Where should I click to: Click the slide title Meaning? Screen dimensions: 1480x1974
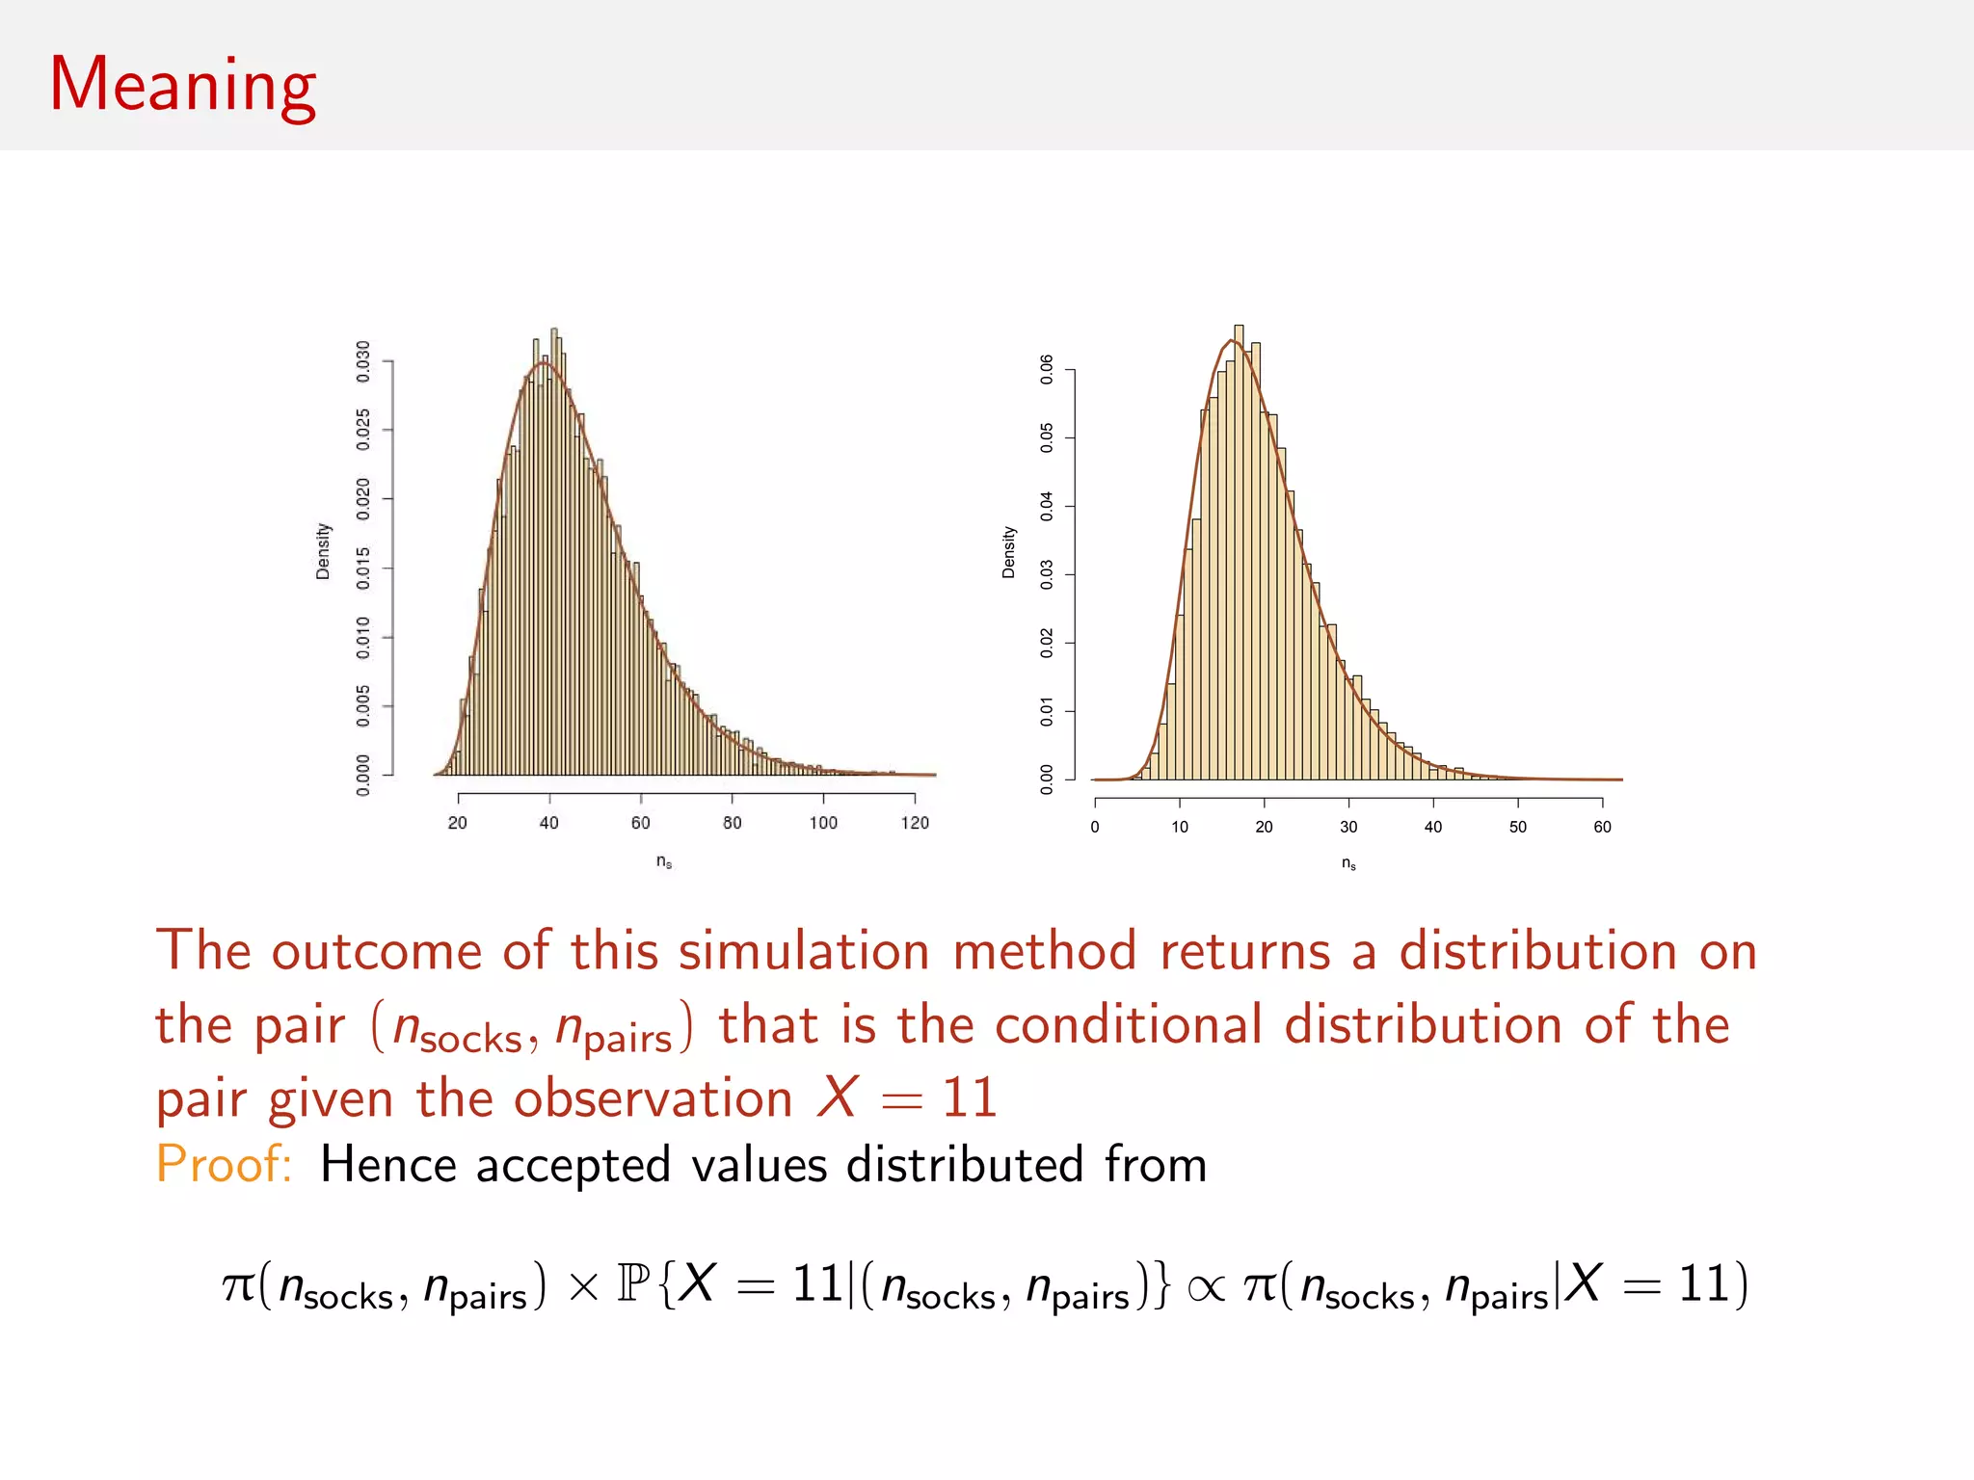point(182,85)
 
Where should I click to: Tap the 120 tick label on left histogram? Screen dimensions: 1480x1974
point(915,823)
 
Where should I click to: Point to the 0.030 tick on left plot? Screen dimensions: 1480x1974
point(363,361)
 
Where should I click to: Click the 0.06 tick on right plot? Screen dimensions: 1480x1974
point(1047,369)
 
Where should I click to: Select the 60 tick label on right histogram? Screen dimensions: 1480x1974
point(1602,827)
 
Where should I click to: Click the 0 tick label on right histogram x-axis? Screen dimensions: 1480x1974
point(1095,827)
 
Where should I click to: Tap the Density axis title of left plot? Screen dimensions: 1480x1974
point(323,551)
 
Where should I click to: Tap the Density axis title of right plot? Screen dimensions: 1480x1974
point(1009,552)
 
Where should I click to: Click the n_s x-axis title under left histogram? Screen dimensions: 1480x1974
point(664,861)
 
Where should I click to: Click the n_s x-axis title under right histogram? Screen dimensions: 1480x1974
point(1348,864)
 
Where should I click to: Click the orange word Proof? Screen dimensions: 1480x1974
point(224,1164)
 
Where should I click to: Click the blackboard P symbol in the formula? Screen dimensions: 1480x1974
point(633,1284)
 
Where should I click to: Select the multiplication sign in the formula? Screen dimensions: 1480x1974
point(583,1288)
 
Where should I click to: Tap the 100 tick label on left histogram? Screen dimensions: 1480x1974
point(823,823)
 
